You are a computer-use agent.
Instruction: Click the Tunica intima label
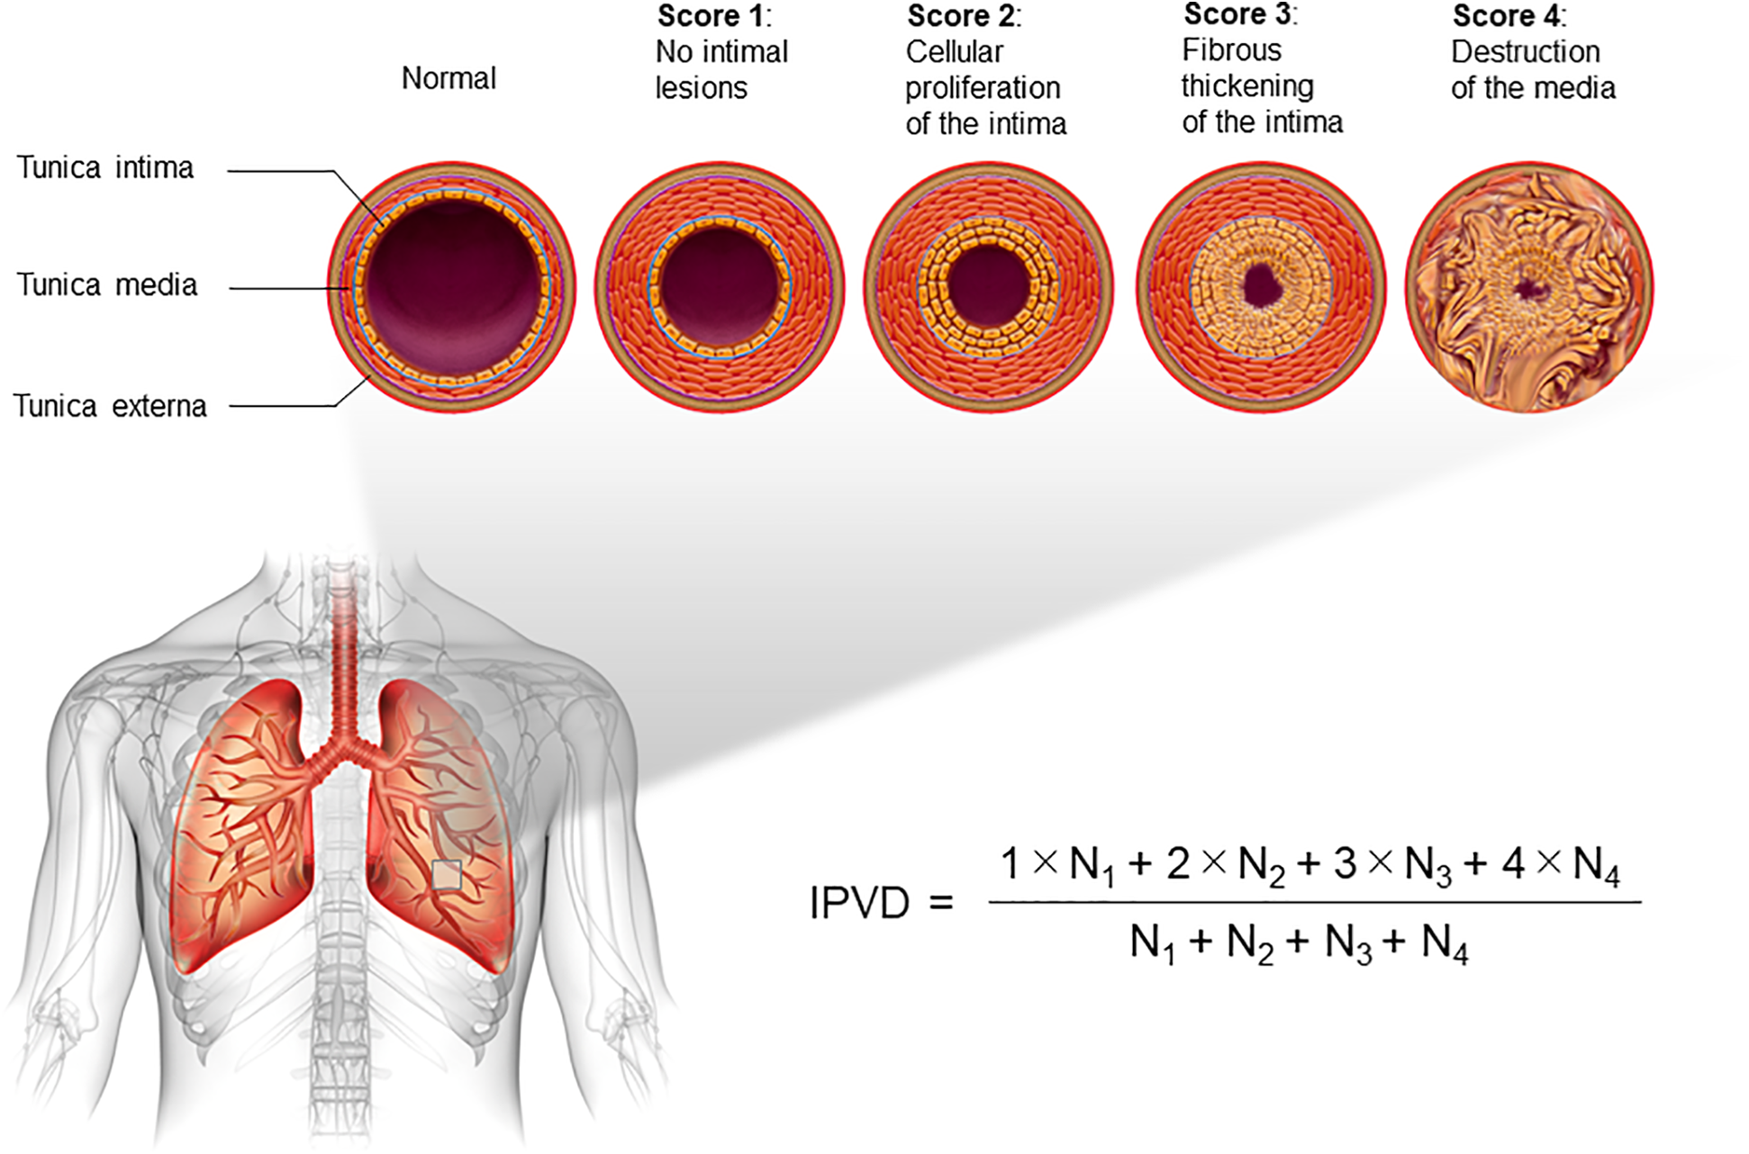tap(105, 168)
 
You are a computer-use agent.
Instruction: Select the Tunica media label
tap(107, 285)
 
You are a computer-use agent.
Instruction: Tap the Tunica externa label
tap(110, 406)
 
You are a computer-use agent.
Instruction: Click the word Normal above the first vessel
tap(449, 79)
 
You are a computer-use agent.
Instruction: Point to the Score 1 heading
tap(713, 16)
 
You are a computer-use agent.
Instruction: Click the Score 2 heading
tap(964, 16)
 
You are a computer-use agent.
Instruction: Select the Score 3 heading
tap(1240, 14)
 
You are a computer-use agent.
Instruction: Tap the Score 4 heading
tap(1509, 16)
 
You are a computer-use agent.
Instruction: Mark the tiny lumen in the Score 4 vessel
tap(1528, 289)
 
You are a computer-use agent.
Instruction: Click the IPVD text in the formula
tap(859, 903)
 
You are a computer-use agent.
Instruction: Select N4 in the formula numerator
tap(1596, 866)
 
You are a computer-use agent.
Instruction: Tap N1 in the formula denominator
tap(1152, 944)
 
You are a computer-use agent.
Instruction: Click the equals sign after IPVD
tap(941, 903)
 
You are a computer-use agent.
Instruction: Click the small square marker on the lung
tap(447, 875)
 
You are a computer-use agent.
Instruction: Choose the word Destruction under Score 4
tap(1525, 52)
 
